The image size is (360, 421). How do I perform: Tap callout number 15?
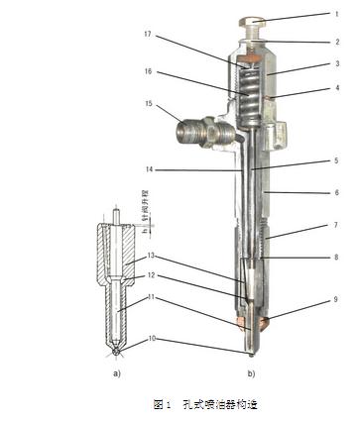click(x=149, y=104)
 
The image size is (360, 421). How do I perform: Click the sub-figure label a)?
click(x=118, y=375)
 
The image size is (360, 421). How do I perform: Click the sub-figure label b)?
click(x=252, y=375)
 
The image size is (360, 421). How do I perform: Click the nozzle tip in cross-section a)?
click(x=118, y=350)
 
